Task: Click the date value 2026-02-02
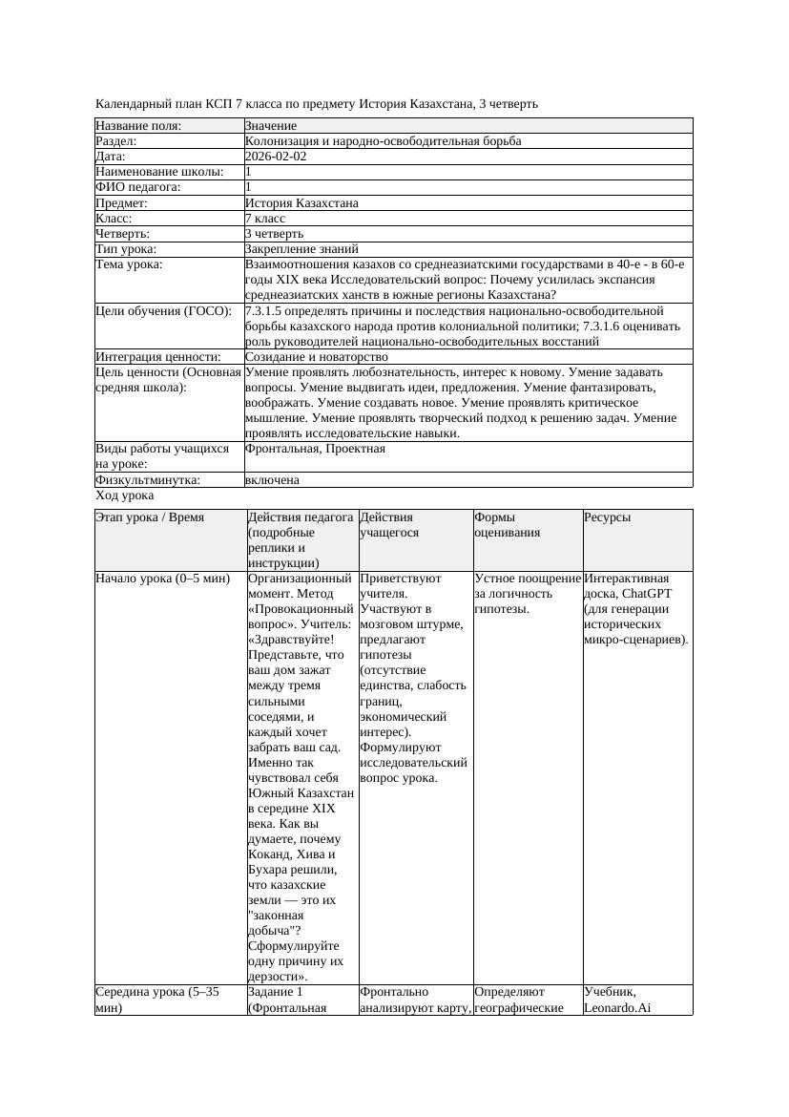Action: click(276, 157)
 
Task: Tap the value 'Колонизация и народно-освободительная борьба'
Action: click(383, 141)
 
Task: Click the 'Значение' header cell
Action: click(271, 126)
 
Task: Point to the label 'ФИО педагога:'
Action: click(138, 187)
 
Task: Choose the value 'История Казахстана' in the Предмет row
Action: click(301, 203)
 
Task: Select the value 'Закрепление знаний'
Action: click(301, 249)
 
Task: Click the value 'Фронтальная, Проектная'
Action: click(315, 448)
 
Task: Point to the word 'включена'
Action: click(272, 480)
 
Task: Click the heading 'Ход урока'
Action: click(125, 495)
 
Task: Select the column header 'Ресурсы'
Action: click(607, 517)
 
